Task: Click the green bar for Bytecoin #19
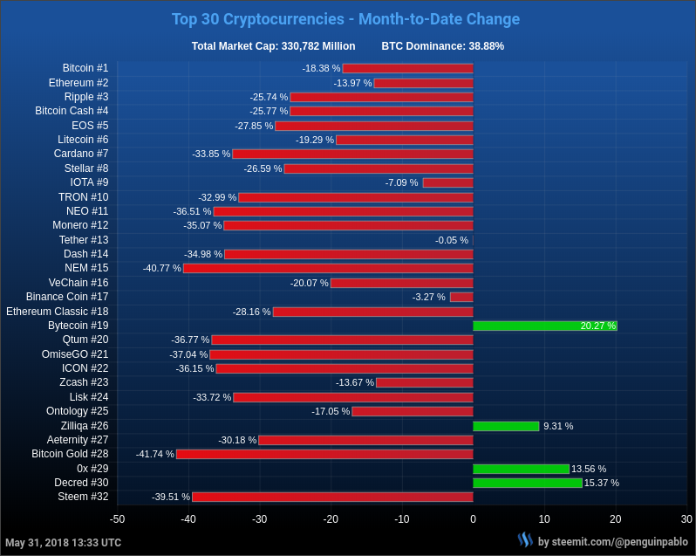click(545, 326)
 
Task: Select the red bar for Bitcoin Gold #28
click(324, 454)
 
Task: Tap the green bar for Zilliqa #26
click(506, 426)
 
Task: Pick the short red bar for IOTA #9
click(447, 182)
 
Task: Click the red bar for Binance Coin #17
click(461, 297)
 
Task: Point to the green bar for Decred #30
click(528, 483)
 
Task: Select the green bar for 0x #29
click(521, 469)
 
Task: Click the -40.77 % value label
click(162, 268)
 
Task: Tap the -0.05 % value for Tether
click(452, 240)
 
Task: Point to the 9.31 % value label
click(558, 426)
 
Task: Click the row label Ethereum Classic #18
click(58, 312)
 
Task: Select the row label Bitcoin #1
click(85, 68)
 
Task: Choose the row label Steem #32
click(84, 497)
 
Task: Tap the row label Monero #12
click(80, 225)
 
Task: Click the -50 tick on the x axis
click(117, 519)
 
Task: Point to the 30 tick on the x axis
click(686, 519)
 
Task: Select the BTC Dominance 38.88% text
click(442, 46)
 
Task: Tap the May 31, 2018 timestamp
click(64, 543)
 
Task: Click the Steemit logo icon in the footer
click(525, 540)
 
